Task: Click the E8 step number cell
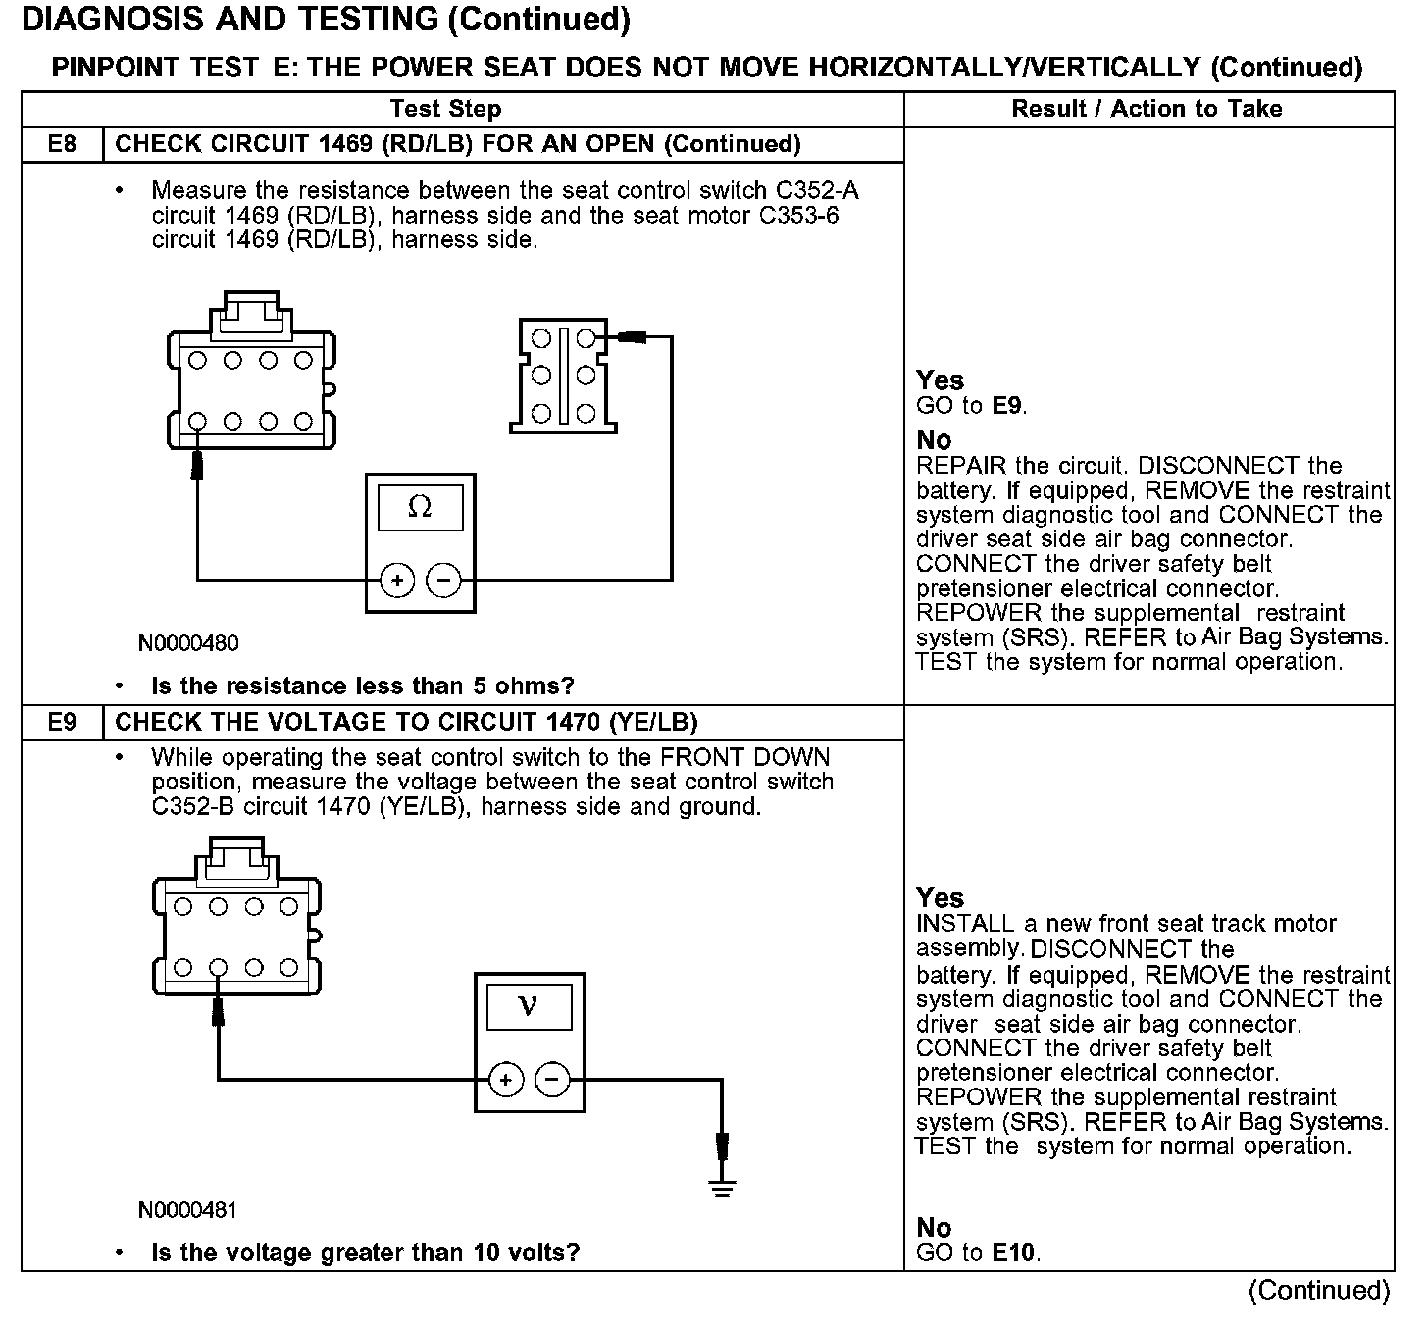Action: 62,145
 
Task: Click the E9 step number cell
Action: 62,723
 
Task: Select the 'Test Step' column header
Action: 445,109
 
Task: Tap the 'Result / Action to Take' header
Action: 1147,109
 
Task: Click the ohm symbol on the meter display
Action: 420,507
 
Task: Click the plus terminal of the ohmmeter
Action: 397,581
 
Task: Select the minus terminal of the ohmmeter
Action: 443,581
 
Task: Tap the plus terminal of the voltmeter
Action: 506,1080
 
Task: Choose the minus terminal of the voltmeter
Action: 552,1080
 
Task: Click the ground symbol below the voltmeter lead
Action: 723,1190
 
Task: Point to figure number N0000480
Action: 188,643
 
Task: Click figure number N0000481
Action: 187,1210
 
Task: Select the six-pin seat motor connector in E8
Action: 563,376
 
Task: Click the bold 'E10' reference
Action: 1014,1252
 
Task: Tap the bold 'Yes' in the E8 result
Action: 940,380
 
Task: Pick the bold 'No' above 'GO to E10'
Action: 934,1228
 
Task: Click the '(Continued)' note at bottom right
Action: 1320,1291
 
